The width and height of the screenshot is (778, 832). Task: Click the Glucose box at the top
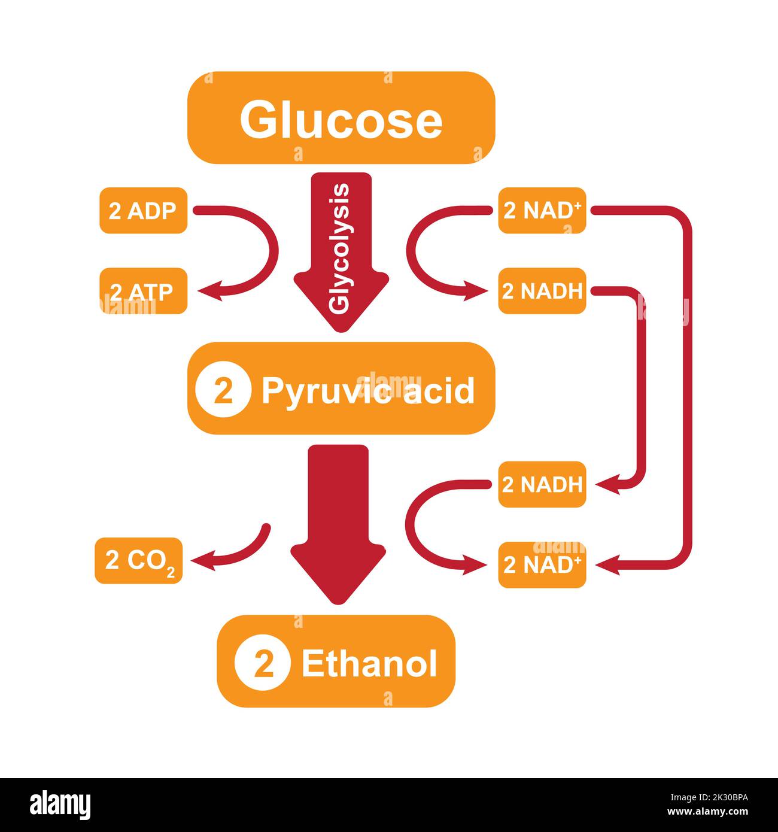tap(341, 118)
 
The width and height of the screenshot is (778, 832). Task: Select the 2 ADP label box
tap(143, 211)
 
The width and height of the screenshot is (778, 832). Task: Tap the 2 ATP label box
tap(143, 291)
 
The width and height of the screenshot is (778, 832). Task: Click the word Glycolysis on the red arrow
tap(340, 248)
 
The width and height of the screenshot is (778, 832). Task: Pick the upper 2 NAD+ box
tap(542, 211)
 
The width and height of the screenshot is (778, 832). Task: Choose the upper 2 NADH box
tap(542, 291)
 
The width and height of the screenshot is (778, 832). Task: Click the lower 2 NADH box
tap(542, 485)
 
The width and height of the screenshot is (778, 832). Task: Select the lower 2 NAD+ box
tap(542, 565)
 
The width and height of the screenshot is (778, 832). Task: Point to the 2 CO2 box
tap(139, 561)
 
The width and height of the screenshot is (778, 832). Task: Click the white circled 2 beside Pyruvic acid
tap(223, 392)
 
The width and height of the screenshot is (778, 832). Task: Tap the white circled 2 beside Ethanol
tap(263, 664)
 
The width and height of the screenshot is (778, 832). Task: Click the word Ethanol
tap(369, 664)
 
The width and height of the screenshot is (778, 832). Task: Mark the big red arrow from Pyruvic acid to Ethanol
tap(338, 521)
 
